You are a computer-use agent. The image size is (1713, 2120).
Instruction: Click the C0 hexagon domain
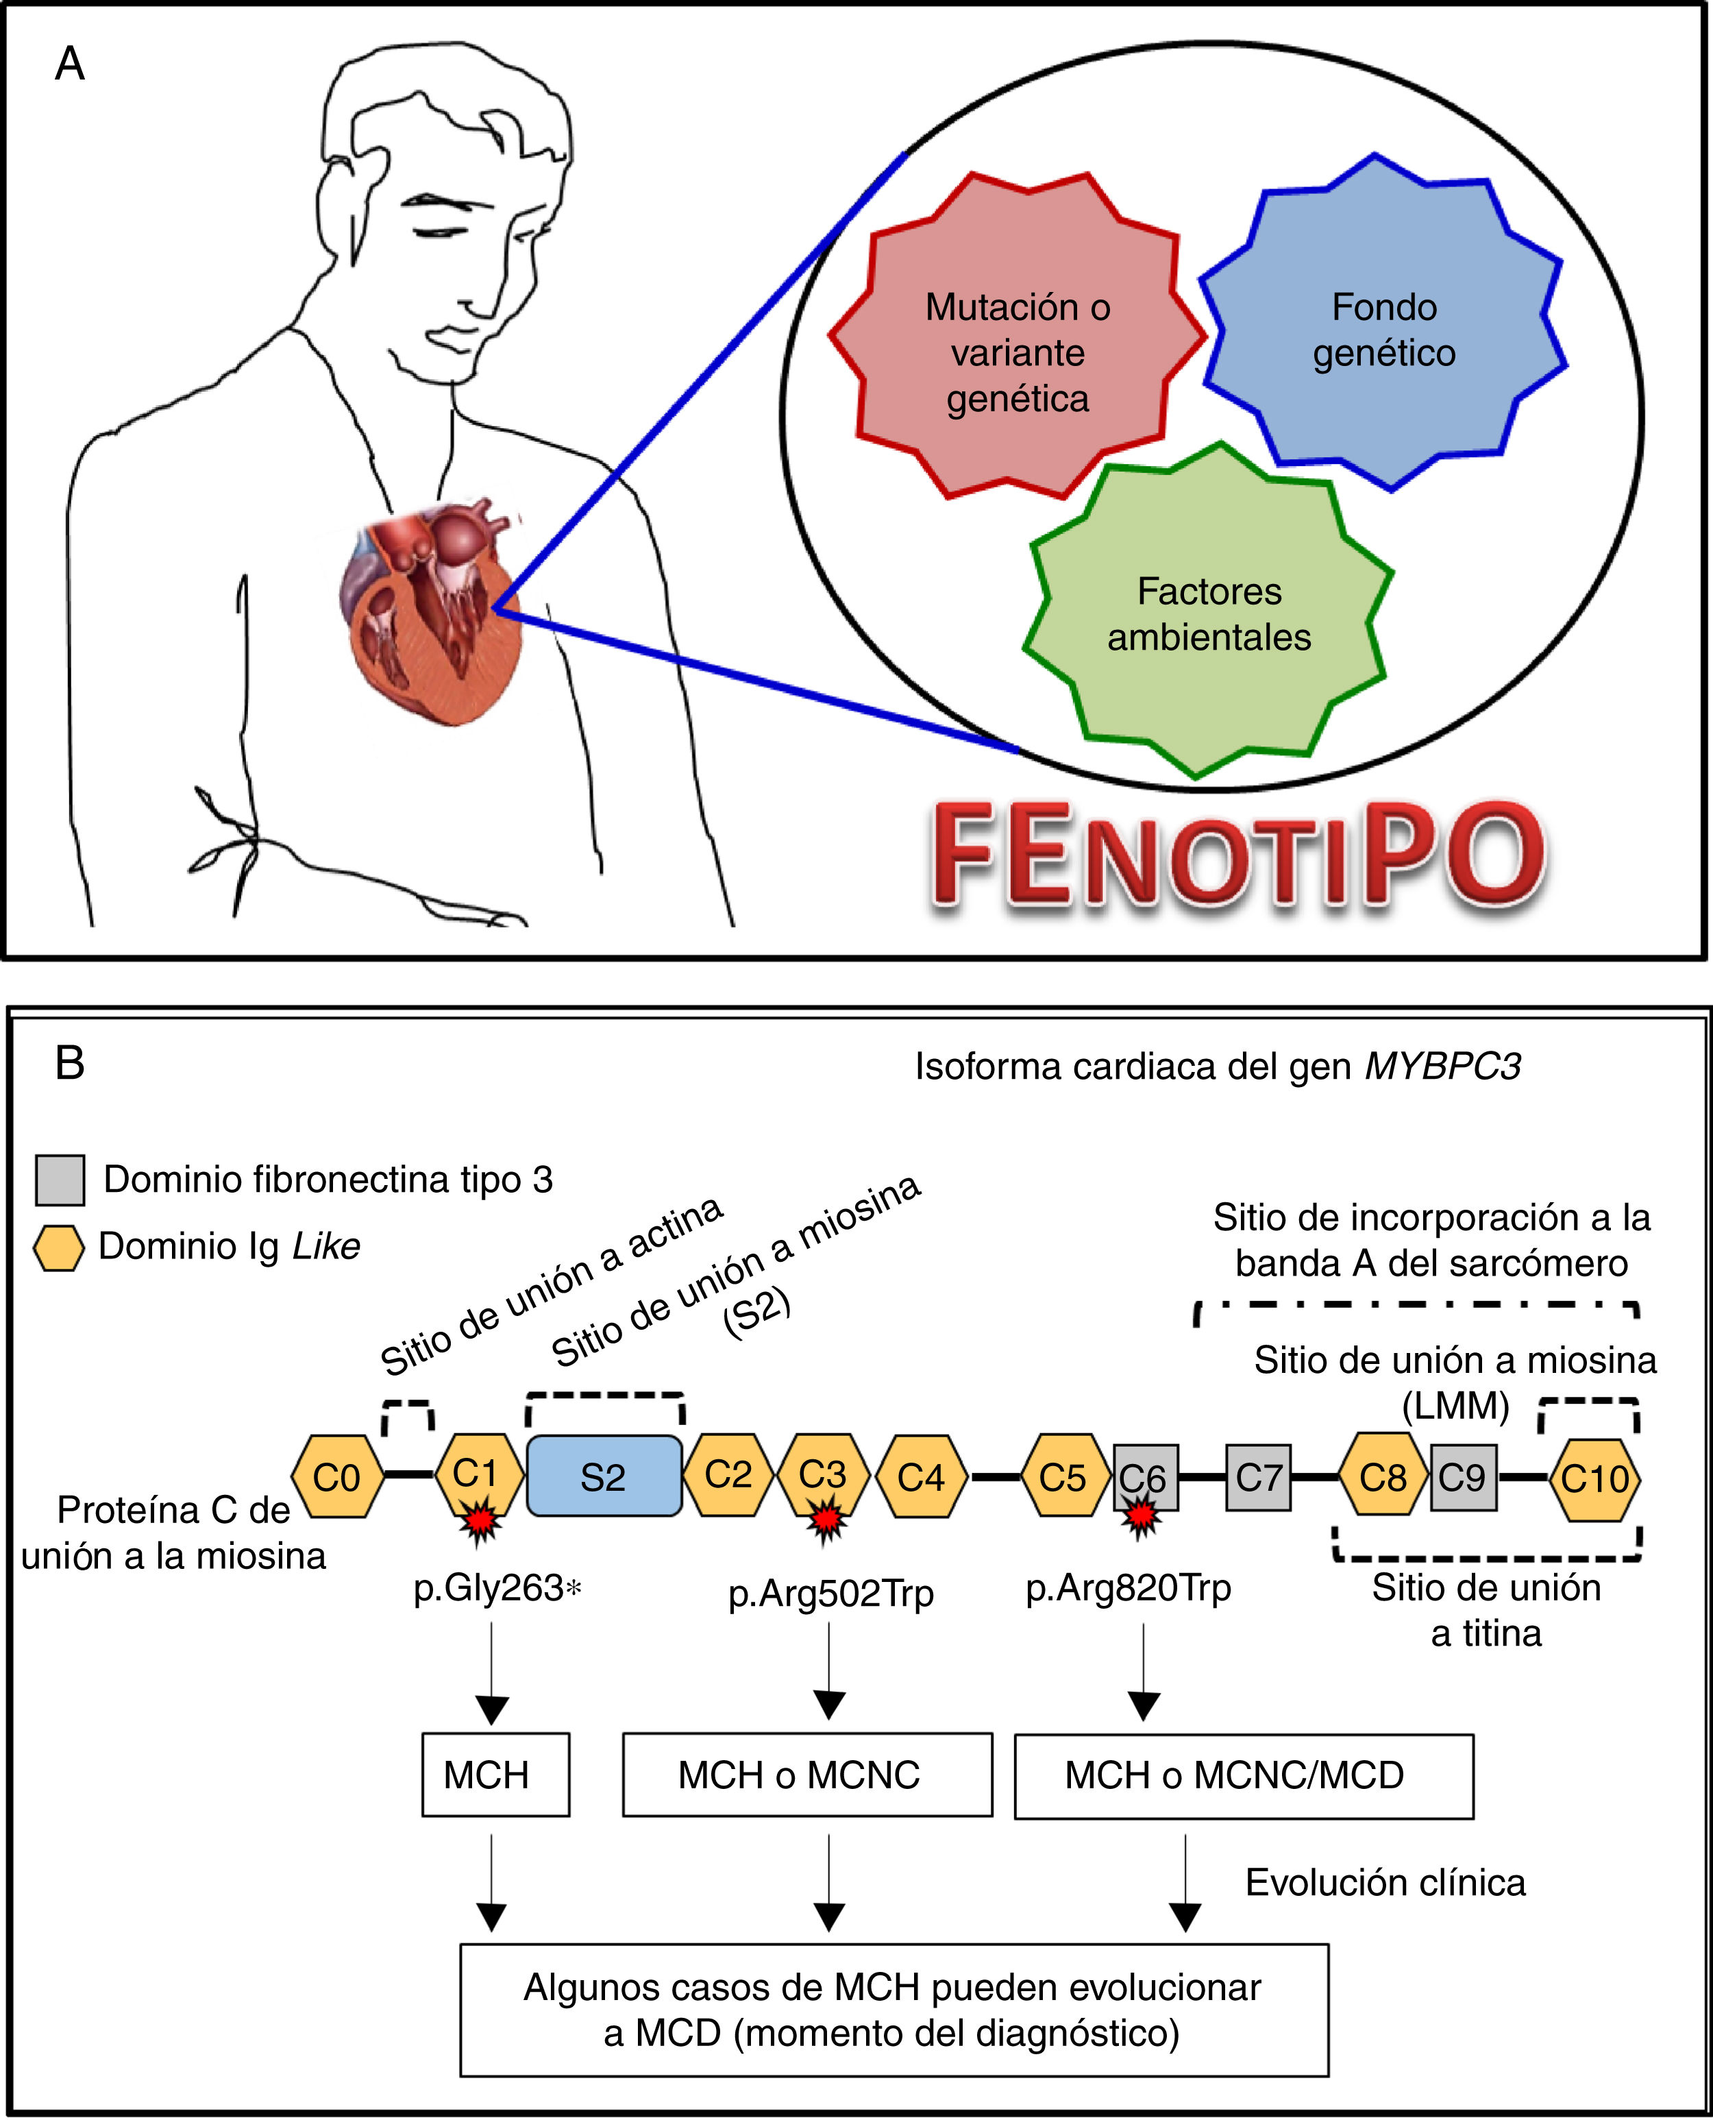coord(336,1478)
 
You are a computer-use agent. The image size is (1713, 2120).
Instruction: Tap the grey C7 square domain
coord(1258,1478)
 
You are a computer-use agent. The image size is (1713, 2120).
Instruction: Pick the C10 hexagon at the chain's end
coord(1594,1478)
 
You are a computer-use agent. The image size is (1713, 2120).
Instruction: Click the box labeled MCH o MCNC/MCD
coord(1244,1775)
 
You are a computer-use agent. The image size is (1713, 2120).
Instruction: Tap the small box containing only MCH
coord(495,1775)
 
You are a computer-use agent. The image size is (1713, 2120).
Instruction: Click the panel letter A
coord(69,65)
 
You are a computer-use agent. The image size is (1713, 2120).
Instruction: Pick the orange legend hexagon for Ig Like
coord(58,1247)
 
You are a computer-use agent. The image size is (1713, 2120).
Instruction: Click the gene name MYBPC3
coord(1442,1067)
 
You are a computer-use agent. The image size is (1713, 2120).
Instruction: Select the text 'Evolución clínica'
coord(1384,1883)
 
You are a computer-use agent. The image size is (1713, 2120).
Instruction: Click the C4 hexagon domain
coord(921,1478)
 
